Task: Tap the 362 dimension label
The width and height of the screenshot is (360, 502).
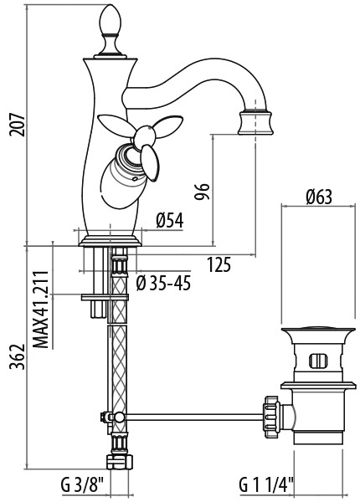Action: tap(17, 356)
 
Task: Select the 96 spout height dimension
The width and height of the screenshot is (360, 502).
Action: tap(202, 192)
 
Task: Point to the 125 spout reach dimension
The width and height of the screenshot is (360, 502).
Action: tap(219, 264)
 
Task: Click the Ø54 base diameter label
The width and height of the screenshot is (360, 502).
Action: tap(170, 221)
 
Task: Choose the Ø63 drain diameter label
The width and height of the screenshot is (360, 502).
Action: tap(318, 197)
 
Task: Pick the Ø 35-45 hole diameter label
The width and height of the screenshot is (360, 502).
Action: tap(163, 284)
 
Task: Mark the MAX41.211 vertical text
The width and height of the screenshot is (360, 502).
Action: tap(41, 310)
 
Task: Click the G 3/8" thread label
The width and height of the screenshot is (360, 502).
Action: tap(83, 485)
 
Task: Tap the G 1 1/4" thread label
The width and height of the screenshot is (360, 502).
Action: tap(266, 485)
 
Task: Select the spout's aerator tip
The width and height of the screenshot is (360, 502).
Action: tap(256, 122)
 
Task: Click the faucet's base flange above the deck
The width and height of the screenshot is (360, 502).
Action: tap(110, 241)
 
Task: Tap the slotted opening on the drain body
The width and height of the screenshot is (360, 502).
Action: tap(318, 360)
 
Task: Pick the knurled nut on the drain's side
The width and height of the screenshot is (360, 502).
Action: tap(271, 417)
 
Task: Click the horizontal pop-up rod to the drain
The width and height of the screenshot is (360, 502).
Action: tap(193, 417)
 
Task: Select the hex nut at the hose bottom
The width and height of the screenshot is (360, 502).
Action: tap(119, 462)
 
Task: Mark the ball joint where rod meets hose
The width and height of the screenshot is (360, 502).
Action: tap(118, 417)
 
